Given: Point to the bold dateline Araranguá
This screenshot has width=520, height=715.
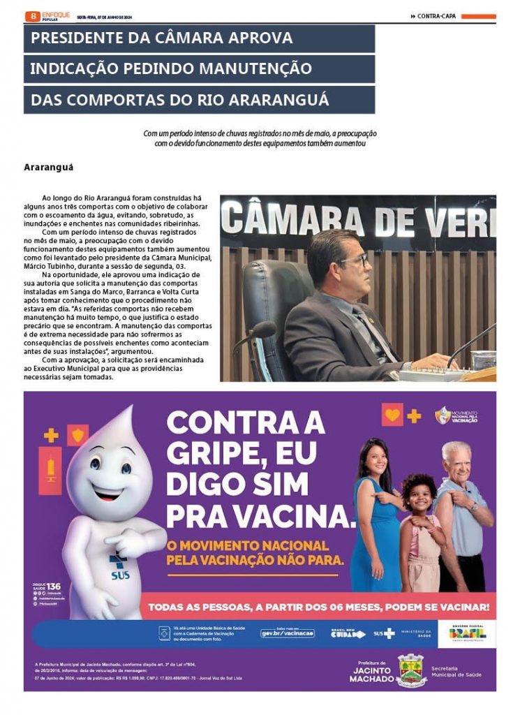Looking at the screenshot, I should point(48,168).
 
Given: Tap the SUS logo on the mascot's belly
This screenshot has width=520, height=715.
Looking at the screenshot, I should point(120,568).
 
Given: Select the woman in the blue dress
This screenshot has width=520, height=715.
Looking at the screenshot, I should point(376,517).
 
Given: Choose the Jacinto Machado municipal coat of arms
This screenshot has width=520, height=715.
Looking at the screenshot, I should point(410,671).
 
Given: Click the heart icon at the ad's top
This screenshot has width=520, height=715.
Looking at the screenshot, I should point(392,415).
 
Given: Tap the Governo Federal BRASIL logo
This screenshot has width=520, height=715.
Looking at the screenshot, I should point(467,633).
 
